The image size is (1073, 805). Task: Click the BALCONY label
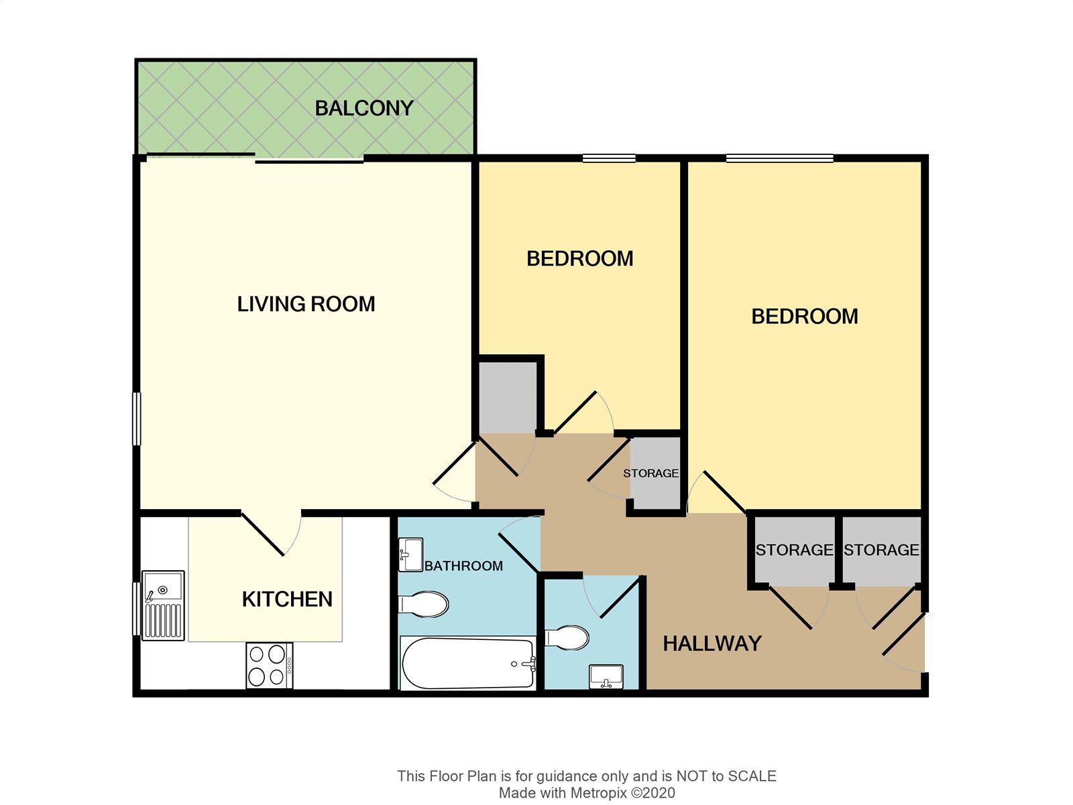(364, 108)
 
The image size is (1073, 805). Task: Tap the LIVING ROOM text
(306, 304)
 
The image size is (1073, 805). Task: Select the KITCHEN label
(288, 599)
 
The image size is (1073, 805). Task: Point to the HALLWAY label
(712, 643)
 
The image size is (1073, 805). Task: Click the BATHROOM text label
(463, 566)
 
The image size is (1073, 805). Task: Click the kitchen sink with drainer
(163, 606)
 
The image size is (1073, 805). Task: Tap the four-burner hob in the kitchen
(270, 665)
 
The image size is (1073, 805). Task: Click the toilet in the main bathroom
(424, 604)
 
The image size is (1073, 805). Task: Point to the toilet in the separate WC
(567, 638)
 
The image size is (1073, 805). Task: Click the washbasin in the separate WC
(606, 676)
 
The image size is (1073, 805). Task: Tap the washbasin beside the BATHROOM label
(411, 555)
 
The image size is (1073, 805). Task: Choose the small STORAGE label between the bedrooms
(651, 473)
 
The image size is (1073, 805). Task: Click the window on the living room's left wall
(137, 419)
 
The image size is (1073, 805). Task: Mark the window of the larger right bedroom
(780, 158)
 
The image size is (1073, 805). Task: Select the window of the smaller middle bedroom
(609, 158)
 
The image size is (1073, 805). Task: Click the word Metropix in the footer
(598, 793)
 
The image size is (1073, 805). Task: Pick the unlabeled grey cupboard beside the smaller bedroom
(507, 397)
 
